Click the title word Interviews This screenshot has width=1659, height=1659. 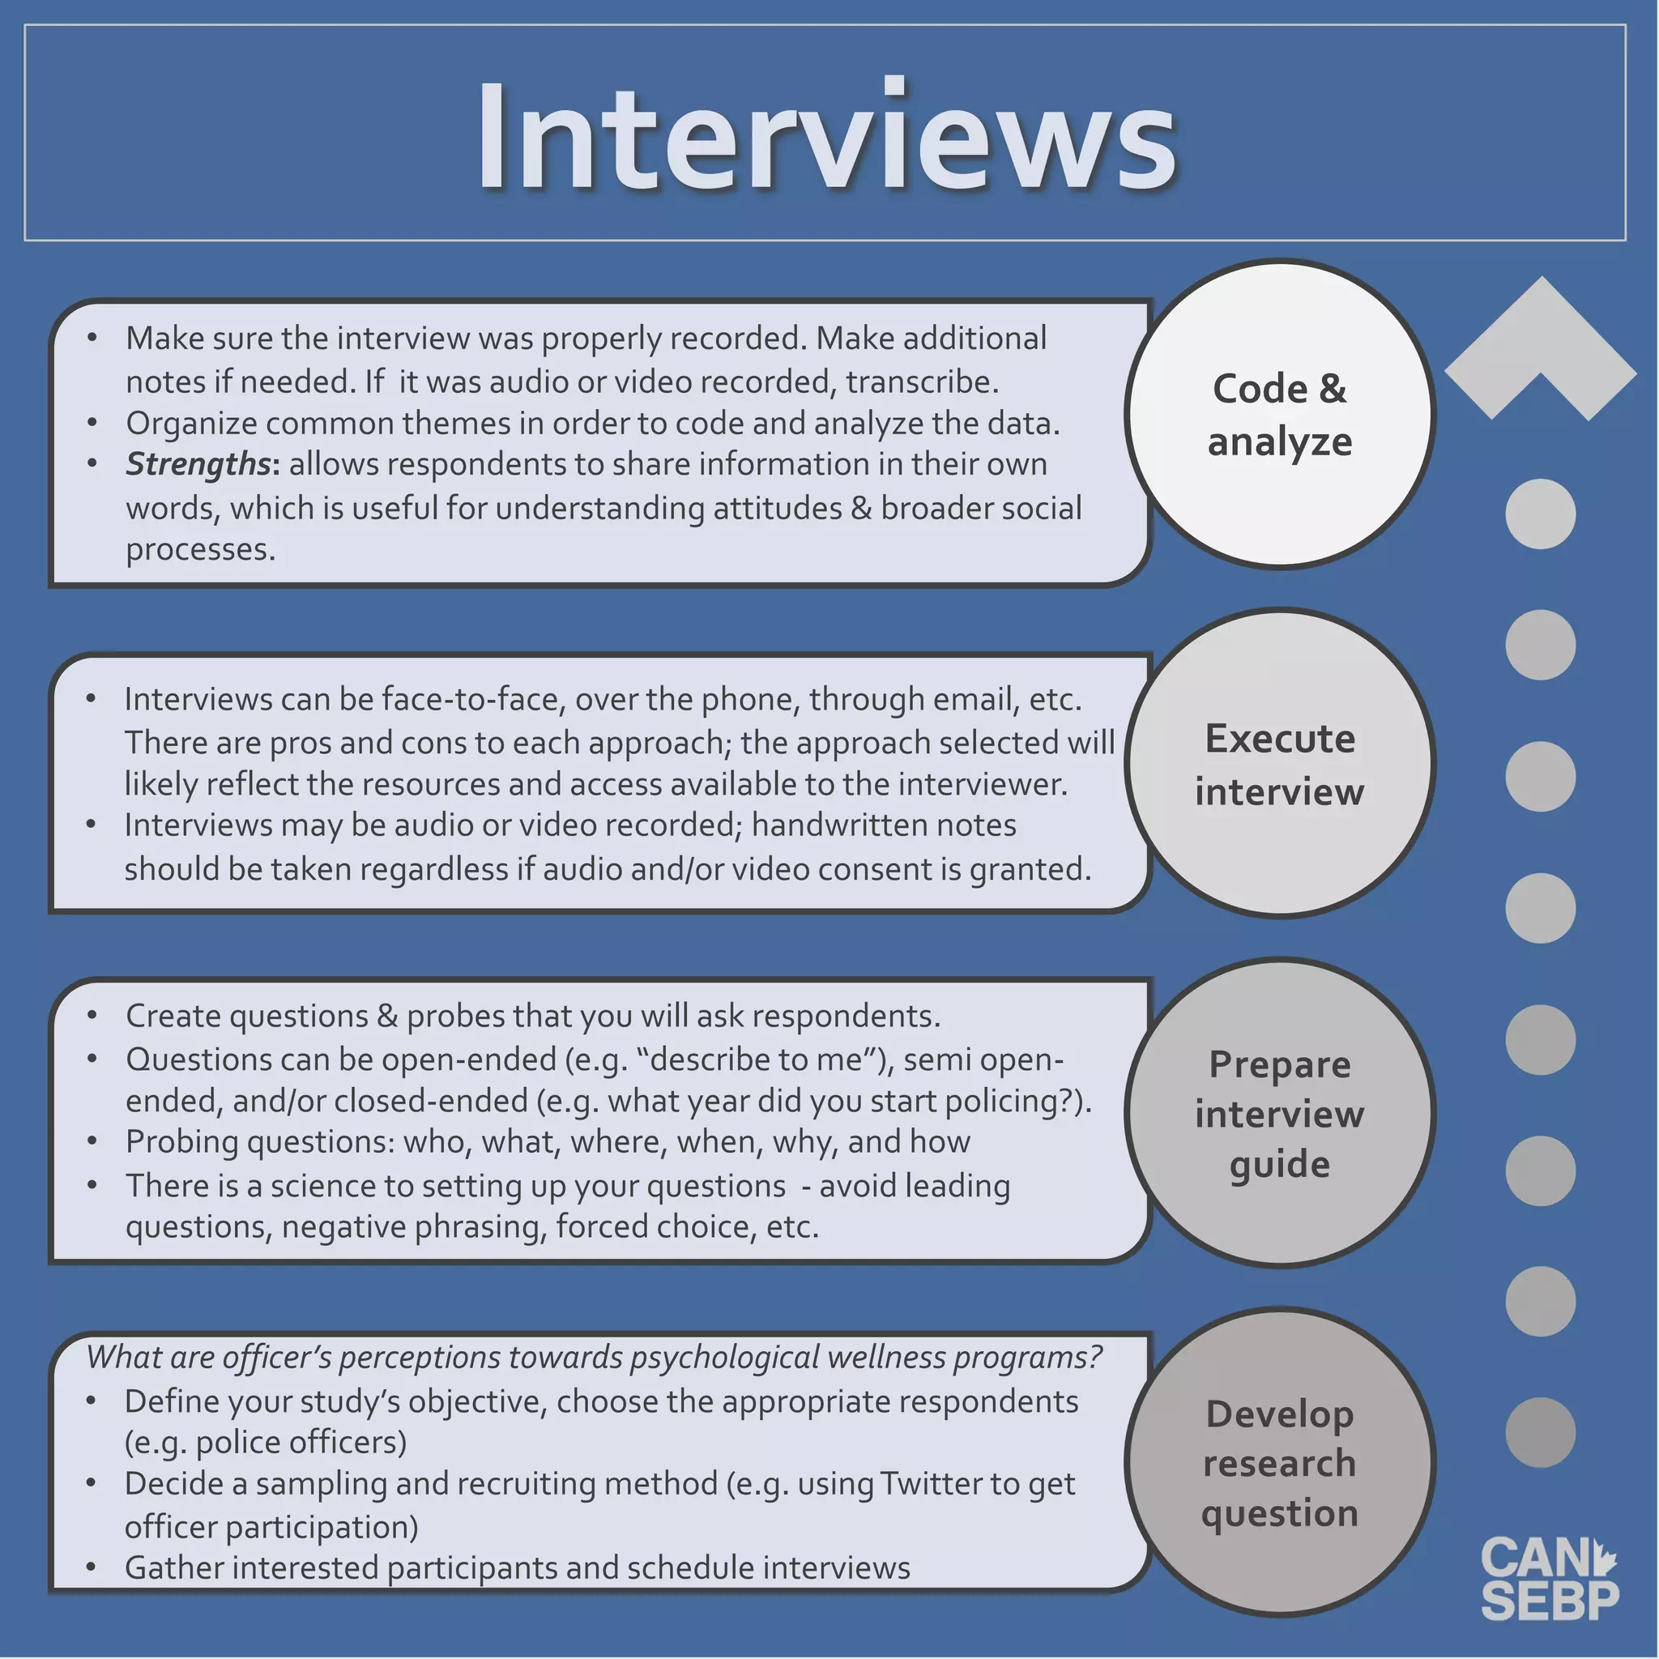(x=826, y=135)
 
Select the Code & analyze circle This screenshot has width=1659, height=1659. (x=1279, y=415)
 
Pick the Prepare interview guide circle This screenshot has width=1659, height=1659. (x=1279, y=1114)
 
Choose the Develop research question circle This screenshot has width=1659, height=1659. (x=1279, y=1463)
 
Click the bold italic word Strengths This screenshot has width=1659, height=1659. (x=198, y=464)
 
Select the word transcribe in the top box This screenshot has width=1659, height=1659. (x=921, y=382)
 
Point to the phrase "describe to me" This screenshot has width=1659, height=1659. (x=757, y=1060)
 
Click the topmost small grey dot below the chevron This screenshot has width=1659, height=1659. (x=1541, y=514)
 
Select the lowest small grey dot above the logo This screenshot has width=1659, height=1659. (x=1541, y=1432)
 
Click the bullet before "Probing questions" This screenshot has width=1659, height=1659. (x=92, y=1142)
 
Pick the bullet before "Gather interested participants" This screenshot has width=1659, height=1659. (x=91, y=1568)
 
